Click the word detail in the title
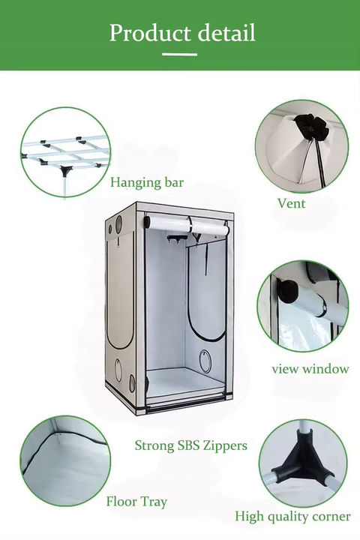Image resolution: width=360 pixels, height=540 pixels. [x=226, y=33]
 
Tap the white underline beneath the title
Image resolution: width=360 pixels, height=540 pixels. [x=180, y=54]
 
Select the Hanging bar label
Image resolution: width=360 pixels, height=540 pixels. [x=147, y=182]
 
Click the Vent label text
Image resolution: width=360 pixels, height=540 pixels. [x=291, y=203]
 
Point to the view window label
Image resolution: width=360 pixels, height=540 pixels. [x=310, y=369]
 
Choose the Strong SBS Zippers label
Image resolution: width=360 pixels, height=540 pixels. [x=190, y=445]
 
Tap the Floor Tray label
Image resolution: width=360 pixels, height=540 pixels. [x=136, y=501]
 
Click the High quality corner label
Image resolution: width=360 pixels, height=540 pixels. [x=292, y=516]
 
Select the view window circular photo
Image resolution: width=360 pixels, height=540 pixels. [x=302, y=305]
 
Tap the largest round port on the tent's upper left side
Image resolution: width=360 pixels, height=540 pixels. [x=118, y=224]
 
